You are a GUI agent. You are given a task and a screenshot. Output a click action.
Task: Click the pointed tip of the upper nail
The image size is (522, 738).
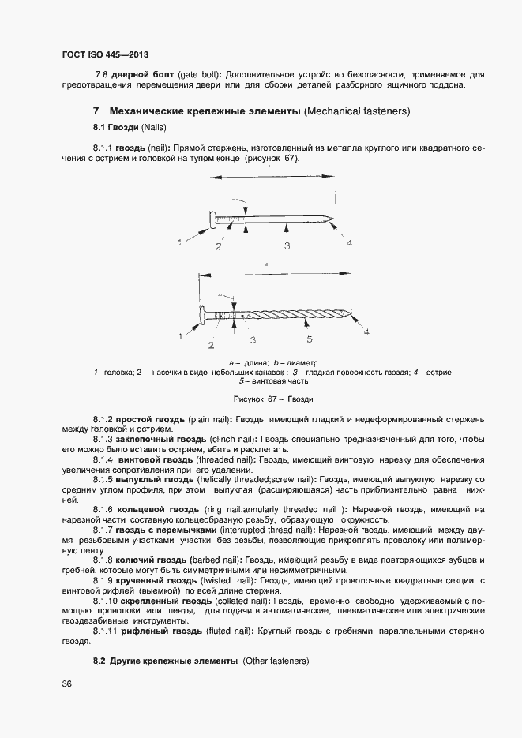pos(336,220)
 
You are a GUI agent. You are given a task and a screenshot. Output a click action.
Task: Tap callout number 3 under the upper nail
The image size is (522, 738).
pos(287,246)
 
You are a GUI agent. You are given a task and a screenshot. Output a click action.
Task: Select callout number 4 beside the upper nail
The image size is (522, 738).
pos(348,243)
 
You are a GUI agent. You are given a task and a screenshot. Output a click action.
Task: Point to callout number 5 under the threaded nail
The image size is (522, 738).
pos(310,339)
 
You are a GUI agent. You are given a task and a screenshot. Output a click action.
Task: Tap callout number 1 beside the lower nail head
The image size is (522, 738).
pos(179,335)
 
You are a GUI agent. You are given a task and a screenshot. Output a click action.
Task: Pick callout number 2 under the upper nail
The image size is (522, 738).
pos(218,247)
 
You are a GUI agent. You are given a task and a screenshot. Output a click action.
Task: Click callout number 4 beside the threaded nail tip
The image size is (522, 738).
pos(366,332)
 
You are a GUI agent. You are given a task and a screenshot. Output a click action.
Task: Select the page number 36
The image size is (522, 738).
pos(66,684)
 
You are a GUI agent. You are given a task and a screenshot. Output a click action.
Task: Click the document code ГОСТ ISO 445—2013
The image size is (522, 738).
pos(105,54)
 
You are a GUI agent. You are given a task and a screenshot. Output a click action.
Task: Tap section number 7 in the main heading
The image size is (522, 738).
pos(96,111)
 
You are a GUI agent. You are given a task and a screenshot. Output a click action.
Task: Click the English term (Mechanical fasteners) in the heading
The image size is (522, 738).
pos(357,111)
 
